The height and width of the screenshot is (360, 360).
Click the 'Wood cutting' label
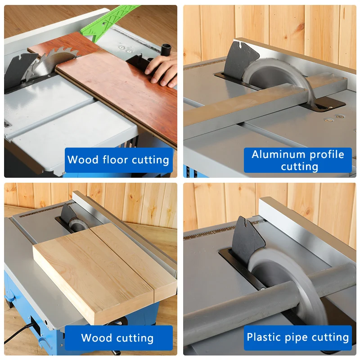tap(118, 338)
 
